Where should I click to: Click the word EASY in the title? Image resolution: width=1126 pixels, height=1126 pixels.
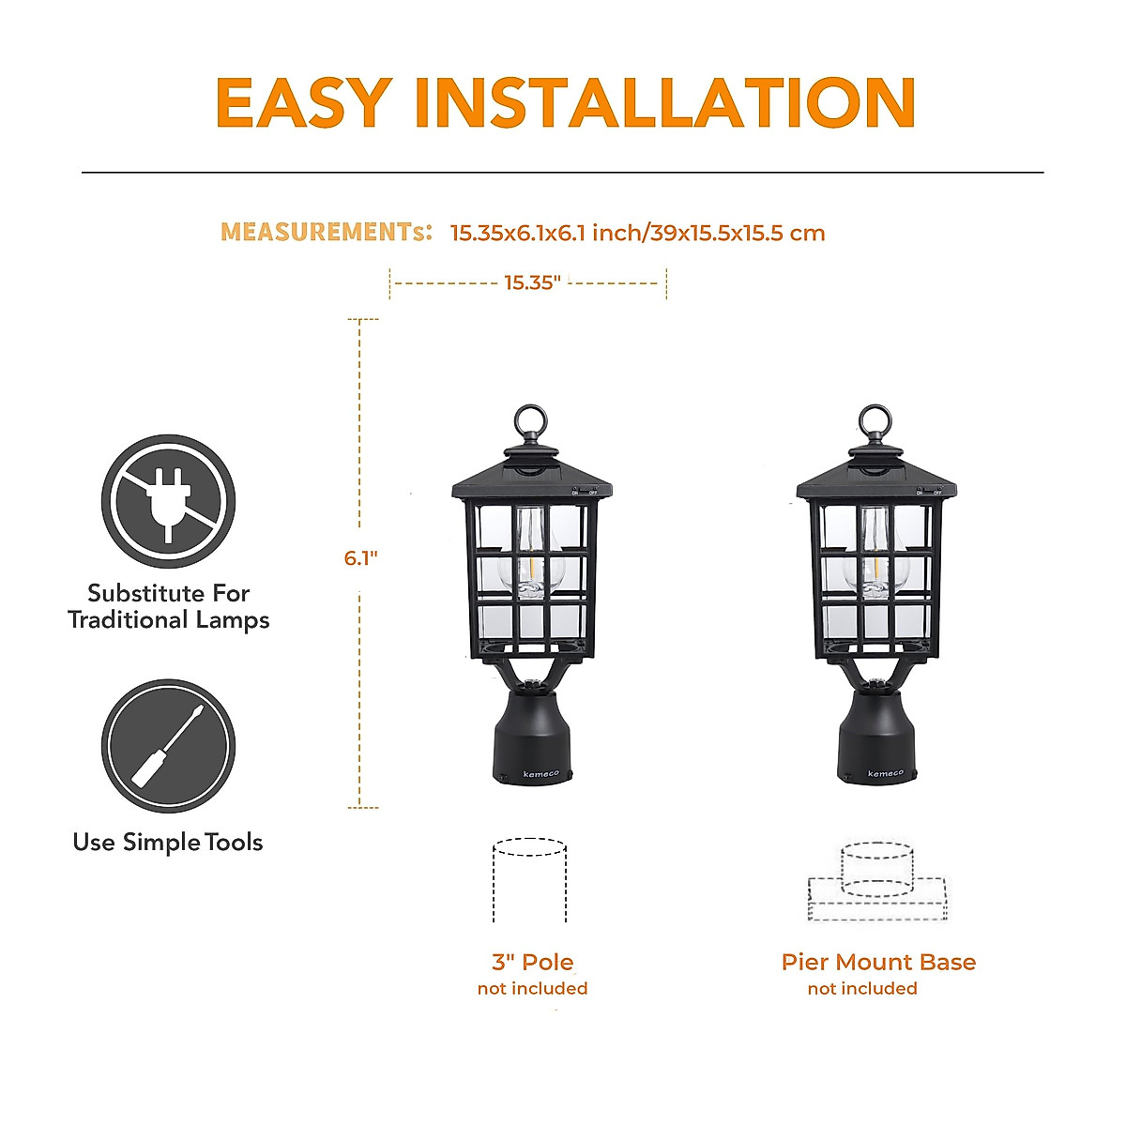[303, 102]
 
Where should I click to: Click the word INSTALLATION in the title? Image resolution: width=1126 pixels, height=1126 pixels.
[664, 102]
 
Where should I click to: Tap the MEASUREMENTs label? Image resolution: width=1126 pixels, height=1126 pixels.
[326, 232]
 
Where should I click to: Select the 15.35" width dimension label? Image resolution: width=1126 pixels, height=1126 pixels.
[531, 282]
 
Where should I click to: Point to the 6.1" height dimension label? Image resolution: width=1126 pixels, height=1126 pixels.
[360, 558]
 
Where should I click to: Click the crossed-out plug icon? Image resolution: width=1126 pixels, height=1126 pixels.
[168, 501]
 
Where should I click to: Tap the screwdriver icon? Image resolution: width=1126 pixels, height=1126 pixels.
[168, 746]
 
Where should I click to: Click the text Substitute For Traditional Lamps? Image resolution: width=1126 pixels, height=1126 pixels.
[168, 606]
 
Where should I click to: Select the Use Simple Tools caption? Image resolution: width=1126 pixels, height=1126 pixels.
[168, 843]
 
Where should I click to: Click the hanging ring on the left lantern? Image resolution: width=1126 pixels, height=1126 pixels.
[531, 422]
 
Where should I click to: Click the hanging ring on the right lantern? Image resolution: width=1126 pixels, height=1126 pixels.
[875, 422]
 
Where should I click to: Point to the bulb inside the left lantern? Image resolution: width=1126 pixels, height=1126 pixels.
[531, 558]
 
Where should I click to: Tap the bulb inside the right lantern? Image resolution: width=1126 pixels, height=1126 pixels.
[875, 558]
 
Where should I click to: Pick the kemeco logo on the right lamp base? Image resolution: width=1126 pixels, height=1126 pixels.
[885, 774]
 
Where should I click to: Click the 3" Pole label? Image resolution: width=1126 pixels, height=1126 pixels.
[532, 962]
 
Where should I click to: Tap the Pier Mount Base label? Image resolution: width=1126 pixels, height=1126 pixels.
[878, 962]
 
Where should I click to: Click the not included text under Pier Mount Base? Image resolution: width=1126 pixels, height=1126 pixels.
[862, 989]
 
